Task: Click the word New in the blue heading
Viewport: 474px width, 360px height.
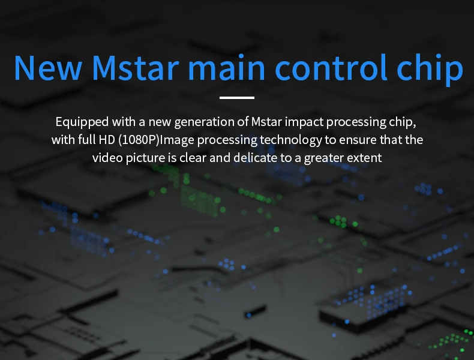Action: pyautogui.click(x=48, y=68)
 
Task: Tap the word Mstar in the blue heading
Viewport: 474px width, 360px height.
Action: pyautogui.click(x=136, y=68)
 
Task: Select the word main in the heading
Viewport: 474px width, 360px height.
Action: pyautogui.click(x=227, y=67)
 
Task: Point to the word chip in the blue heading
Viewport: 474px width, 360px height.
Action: pyautogui.click(x=430, y=69)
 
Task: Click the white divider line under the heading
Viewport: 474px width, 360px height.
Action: pyautogui.click(x=237, y=98)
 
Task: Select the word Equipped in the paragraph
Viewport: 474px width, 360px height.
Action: pyautogui.click(x=82, y=122)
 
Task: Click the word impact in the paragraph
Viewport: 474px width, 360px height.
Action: pyautogui.click(x=304, y=122)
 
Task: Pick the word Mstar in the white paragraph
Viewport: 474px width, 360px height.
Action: pyautogui.click(x=266, y=122)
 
